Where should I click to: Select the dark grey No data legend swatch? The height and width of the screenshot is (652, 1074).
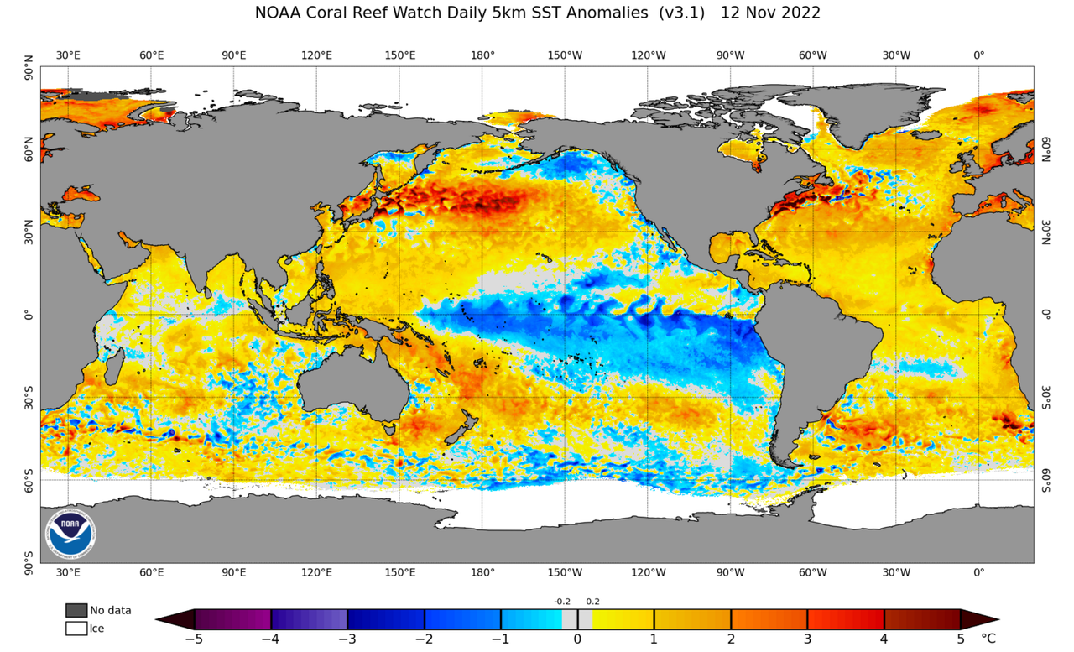click(76, 610)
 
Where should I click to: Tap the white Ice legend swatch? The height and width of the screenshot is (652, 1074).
click(76, 628)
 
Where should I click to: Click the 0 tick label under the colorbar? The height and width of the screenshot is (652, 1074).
click(577, 639)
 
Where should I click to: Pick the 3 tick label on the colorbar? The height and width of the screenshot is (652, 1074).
click(807, 639)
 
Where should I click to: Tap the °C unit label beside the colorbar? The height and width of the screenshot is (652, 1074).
click(988, 639)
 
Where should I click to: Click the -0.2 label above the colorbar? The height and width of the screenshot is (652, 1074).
click(562, 602)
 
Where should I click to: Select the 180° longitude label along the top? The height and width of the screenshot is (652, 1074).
click(482, 55)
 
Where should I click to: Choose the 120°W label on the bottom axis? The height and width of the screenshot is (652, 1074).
click(648, 573)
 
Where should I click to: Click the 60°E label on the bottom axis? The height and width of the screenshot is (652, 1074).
click(151, 573)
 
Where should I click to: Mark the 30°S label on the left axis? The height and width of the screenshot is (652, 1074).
click(29, 397)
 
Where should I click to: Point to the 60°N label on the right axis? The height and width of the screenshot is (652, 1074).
click(1045, 149)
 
